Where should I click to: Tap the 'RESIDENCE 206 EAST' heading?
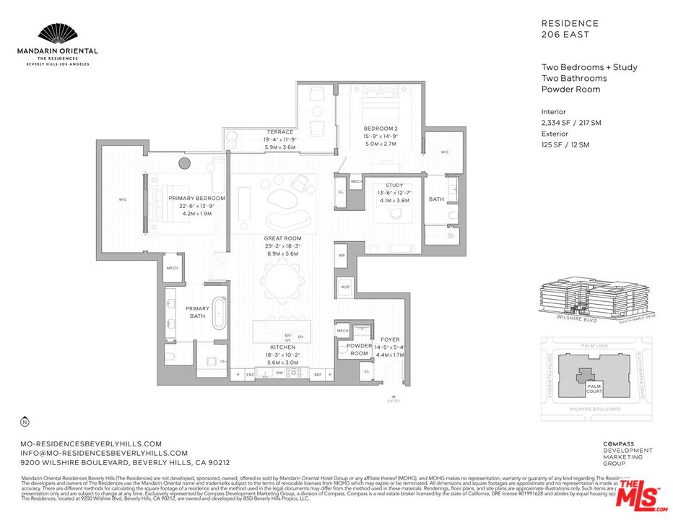[x=570, y=28]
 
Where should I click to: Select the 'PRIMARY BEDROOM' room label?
[x=197, y=198]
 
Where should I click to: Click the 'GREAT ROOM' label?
[x=282, y=238]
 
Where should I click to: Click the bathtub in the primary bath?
[x=217, y=311]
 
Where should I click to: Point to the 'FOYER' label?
[x=389, y=339]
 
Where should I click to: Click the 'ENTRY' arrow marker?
[x=393, y=396]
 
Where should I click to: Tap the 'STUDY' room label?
[x=394, y=185]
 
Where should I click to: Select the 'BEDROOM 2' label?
[x=380, y=129]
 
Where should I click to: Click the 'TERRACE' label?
[x=279, y=132]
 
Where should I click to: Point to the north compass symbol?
[x=25, y=422]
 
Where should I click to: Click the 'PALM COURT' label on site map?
[x=594, y=390]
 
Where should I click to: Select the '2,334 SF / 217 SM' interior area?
[x=570, y=123]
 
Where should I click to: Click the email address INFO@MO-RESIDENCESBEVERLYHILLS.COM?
[x=104, y=453]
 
